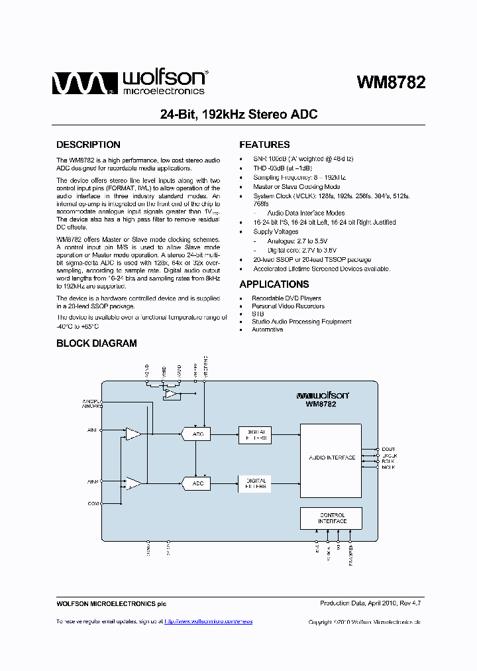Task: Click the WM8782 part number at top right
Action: pyautogui.click(x=391, y=82)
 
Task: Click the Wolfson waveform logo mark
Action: pyautogui.click(x=78, y=83)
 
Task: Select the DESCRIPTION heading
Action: pyautogui.click(x=88, y=145)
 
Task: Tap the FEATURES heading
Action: pyautogui.click(x=264, y=145)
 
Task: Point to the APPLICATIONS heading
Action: pyautogui.click(x=274, y=284)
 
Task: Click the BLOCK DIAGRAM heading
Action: pyautogui.click(x=96, y=343)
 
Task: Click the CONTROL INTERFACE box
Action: pyautogui.click(x=331, y=518)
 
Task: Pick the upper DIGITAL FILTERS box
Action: pyautogui.click(x=254, y=434)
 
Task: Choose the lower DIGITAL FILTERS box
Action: pyautogui.click(x=254, y=483)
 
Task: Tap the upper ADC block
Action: pyautogui.click(x=196, y=434)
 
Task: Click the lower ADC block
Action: pyautogui.click(x=196, y=484)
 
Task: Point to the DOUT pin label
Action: pyautogui.click(x=389, y=450)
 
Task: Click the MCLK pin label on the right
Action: pyautogui.click(x=389, y=467)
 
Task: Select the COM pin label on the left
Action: pyautogui.click(x=93, y=504)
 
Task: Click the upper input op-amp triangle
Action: pyautogui.click(x=133, y=434)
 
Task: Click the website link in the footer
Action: pyautogui.click(x=208, y=621)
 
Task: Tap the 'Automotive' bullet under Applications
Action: pyautogui.click(x=267, y=330)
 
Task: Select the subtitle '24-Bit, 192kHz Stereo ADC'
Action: pyautogui.click(x=238, y=114)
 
